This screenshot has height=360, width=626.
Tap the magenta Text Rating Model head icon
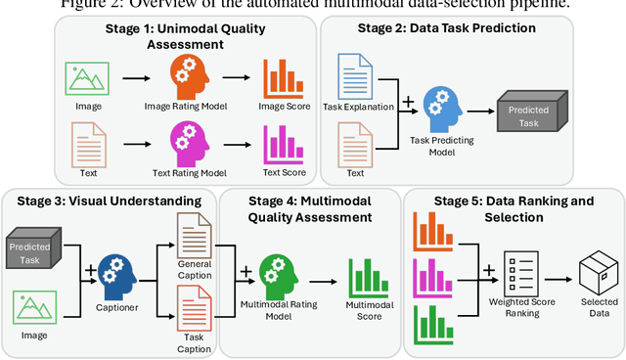coord(189,143)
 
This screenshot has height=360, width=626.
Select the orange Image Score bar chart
coord(281,78)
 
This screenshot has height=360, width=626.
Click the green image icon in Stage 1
coord(85,77)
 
